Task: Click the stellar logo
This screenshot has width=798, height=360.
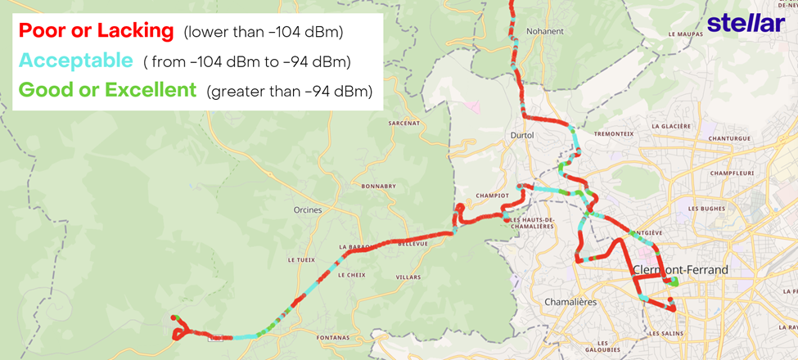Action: click(746, 23)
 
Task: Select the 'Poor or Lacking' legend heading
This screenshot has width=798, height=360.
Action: click(97, 32)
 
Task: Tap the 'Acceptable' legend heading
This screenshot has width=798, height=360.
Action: click(75, 61)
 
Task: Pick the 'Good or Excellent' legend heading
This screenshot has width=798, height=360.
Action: click(107, 89)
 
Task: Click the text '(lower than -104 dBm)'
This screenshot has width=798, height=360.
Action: click(263, 33)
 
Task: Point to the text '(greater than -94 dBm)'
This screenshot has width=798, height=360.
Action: click(290, 90)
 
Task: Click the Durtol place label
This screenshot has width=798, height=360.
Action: click(521, 135)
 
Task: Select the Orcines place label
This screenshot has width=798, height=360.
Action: click(307, 209)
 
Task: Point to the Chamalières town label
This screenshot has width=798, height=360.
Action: click(570, 302)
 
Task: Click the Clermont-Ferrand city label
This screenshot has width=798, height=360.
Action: click(680, 269)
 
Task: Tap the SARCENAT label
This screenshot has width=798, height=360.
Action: click(405, 123)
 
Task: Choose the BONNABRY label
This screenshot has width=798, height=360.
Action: click(378, 186)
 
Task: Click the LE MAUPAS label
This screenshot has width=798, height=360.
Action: click(686, 34)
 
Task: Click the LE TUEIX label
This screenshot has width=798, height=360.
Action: click(301, 259)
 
